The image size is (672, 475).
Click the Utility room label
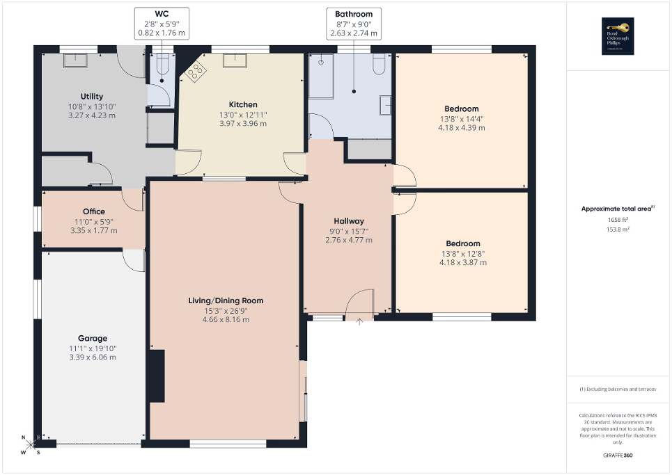point(92,96)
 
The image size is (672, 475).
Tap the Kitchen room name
point(243,104)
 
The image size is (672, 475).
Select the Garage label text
point(92,338)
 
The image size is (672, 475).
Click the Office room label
point(93,211)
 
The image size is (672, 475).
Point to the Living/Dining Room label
point(226,300)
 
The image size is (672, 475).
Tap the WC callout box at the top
point(162,23)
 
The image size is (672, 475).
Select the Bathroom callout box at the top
point(354,23)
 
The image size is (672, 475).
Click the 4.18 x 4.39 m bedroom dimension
point(462,128)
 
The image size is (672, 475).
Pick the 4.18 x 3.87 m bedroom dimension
point(462,263)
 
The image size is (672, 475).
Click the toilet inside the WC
point(162,65)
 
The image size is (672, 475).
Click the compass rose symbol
point(31,444)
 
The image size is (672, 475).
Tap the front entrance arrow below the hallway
point(359,321)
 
